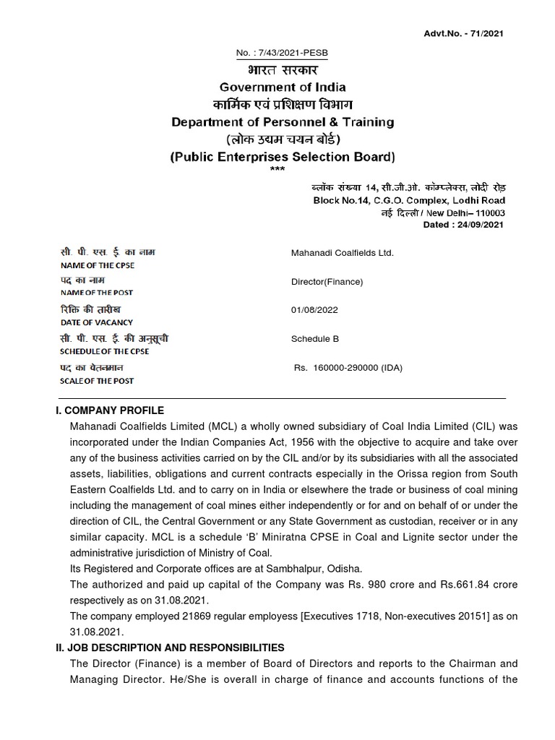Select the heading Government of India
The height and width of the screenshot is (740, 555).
pos(282,87)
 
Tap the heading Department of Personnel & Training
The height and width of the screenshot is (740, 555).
pos(283,122)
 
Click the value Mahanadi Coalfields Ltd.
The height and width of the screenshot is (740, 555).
pos(342,253)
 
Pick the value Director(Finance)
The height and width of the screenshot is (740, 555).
pos(327,282)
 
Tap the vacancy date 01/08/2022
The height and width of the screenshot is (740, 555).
pos(314,309)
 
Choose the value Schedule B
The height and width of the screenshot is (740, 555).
pos(315,338)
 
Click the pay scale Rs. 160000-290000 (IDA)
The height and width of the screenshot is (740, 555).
pos(348,368)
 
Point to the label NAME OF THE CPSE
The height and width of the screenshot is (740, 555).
pos(97,265)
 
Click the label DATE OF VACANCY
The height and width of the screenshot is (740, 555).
pos(96,322)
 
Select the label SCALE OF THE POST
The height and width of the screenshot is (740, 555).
pos(97,381)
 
